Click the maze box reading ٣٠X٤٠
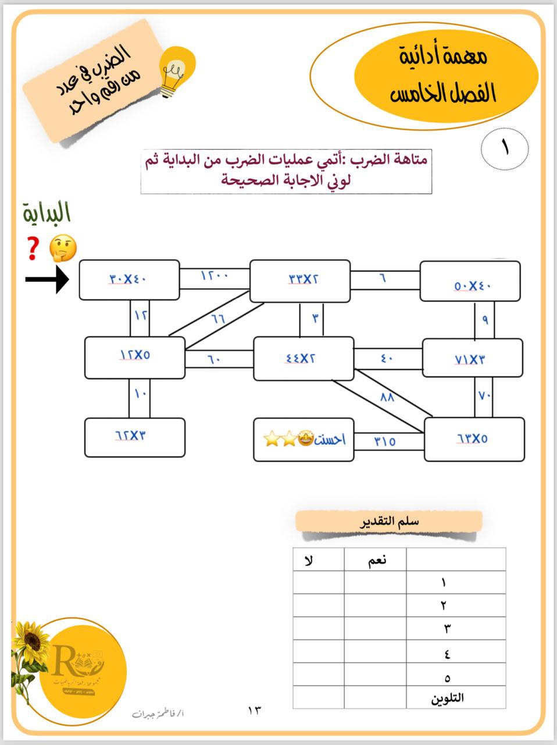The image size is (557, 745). (128, 280)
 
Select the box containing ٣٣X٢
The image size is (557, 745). (300, 281)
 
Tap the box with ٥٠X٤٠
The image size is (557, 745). (470, 282)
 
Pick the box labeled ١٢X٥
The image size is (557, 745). (134, 357)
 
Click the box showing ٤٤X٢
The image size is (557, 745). (303, 359)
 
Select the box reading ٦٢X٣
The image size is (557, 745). (134, 437)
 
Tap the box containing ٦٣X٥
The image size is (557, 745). (474, 439)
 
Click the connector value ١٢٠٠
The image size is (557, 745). (215, 275)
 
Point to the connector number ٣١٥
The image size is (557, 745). (385, 441)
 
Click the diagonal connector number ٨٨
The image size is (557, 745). (387, 398)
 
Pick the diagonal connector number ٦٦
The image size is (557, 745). (218, 318)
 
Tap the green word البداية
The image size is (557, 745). (47, 213)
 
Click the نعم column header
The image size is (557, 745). (376, 560)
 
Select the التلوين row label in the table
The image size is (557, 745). (447, 698)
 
